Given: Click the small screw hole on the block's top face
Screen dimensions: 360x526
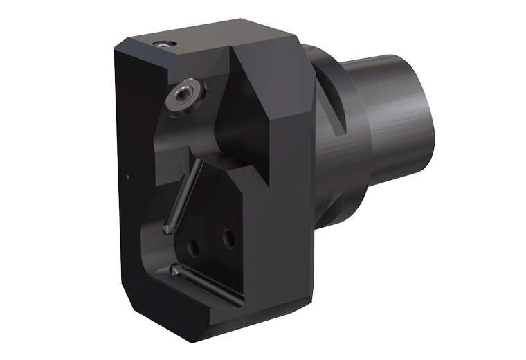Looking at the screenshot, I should (165, 44).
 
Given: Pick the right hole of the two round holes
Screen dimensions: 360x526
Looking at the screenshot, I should (228, 240).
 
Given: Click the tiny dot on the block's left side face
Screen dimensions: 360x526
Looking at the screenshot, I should (129, 177).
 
